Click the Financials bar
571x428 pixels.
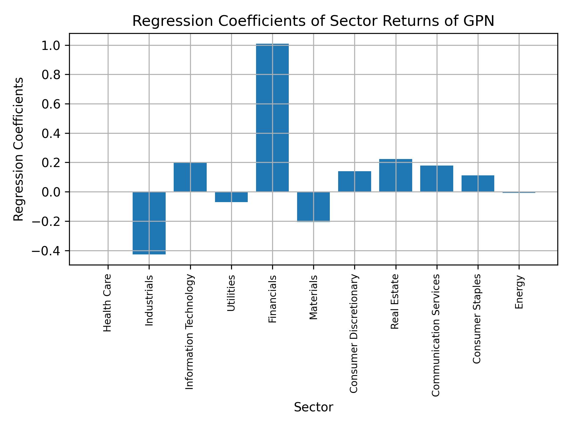(x=272, y=118)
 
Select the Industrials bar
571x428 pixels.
(x=149, y=223)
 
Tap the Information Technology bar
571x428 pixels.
(x=190, y=177)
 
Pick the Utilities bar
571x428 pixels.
(x=231, y=197)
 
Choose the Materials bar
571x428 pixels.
(x=313, y=207)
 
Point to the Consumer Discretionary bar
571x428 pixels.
(x=354, y=181)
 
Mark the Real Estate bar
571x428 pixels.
(x=396, y=175)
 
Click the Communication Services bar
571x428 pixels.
(x=437, y=179)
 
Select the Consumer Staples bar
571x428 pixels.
(x=478, y=183)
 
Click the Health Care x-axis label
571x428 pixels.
(x=107, y=303)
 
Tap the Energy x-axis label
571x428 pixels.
(x=519, y=292)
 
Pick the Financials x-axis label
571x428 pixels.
(x=272, y=299)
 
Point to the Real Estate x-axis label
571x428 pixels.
(x=395, y=301)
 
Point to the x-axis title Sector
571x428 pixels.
(x=313, y=407)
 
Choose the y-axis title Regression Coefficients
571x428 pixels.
(x=19, y=149)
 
